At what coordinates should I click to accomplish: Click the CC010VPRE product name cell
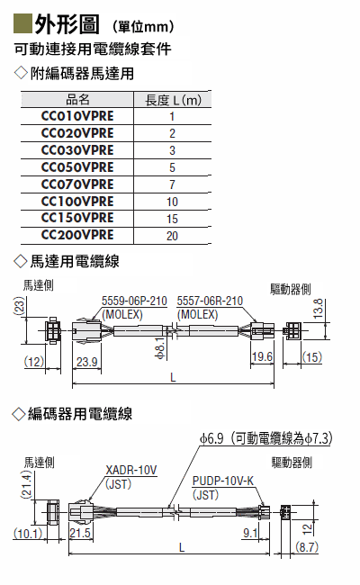tap(77, 116)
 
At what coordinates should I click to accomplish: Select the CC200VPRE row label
tap(77, 235)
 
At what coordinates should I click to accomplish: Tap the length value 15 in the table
tap(172, 219)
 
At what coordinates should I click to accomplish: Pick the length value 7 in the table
tap(172, 184)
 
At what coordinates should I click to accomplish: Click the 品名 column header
tap(77, 100)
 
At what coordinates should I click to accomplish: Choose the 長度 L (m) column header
tap(173, 100)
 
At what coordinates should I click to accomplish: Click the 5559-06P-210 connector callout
tap(134, 301)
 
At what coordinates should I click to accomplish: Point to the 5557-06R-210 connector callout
tap(210, 301)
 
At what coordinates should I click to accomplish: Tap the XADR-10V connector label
tap(131, 470)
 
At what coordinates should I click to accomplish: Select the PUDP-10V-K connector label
tap(223, 481)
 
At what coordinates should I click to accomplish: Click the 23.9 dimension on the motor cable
tap(87, 362)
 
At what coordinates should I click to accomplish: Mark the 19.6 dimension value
tap(262, 356)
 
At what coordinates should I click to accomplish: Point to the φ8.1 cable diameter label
tap(160, 347)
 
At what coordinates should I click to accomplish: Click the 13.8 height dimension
tap(318, 309)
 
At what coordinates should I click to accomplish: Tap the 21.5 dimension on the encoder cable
tap(80, 533)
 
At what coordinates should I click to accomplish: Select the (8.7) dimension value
tap(307, 547)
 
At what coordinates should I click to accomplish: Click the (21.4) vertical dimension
tap(26, 484)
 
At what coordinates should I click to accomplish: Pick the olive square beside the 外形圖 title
tap(22, 23)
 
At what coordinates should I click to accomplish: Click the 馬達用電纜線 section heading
tap(75, 261)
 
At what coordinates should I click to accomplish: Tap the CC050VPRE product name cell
tap(77, 167)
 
